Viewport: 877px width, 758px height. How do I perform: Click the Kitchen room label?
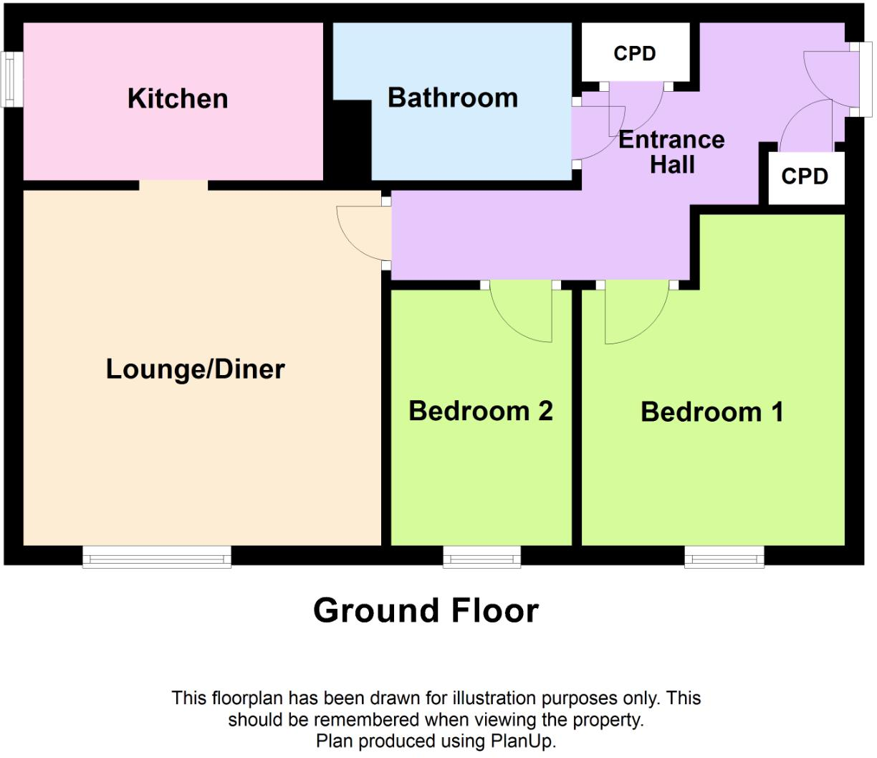(x=178, y=99)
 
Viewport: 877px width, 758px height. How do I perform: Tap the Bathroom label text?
(x=452, y=98)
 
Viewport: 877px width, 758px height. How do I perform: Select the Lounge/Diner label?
(x=196, y=369)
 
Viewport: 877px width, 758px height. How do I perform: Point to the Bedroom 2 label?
(x=481, y=411)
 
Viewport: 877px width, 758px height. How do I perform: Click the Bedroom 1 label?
(x=711, y=412)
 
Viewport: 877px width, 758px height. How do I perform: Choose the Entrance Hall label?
(x=671, y=152)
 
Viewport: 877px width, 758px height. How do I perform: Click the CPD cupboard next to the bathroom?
(x=635, y=54)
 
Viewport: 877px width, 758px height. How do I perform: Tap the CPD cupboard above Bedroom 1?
(x=805, y=176)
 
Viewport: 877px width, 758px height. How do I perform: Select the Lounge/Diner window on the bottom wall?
(x=157, y=556)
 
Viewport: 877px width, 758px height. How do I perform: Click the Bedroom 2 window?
(x=481, y=556)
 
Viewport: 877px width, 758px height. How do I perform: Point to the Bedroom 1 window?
(x=724, y=556)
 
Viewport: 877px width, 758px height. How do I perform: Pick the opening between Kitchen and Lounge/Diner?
(x=173, y=185)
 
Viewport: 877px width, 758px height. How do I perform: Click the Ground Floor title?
(x=426, y=610)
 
